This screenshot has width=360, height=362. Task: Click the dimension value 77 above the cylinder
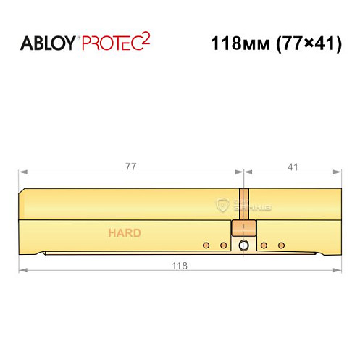(130, 166)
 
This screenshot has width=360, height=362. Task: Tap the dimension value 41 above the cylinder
(293, 166)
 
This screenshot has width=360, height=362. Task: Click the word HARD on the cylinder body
(125, 233)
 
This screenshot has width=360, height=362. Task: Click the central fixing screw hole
(243, 247)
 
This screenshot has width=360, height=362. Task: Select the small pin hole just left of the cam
(223, 245)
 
